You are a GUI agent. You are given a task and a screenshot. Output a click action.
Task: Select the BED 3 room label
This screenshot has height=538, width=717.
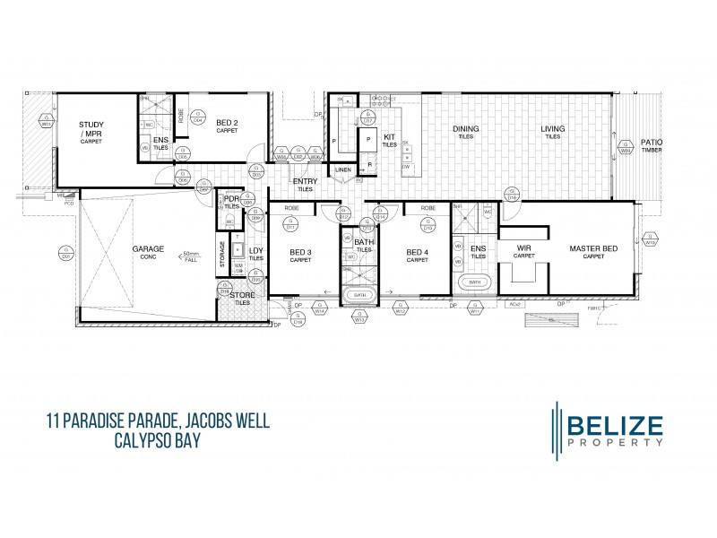[x=300, y=252]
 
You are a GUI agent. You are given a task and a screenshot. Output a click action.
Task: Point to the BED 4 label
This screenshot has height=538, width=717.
[x=418, y=252]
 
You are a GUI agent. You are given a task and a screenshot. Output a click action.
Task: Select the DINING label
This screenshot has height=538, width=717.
[x=465, y=129]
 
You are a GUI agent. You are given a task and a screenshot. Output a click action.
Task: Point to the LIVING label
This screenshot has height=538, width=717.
[x=552, y=129]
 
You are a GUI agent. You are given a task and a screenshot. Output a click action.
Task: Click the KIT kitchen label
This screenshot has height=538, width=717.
[x=390, y=137]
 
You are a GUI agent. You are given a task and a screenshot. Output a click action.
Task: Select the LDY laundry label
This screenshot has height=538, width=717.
[x=256, y=252]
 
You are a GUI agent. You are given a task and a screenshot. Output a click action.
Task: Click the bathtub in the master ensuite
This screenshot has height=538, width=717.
[x=475, y=283]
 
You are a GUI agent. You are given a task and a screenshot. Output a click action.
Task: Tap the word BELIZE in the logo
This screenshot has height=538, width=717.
[x=613, y=423]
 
